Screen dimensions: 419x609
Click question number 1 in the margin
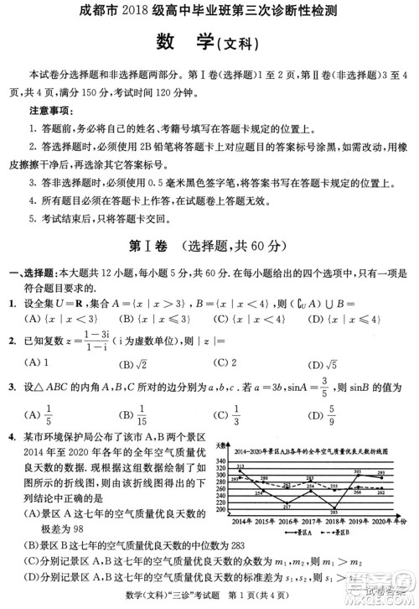13,303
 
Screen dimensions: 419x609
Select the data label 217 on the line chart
287,506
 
